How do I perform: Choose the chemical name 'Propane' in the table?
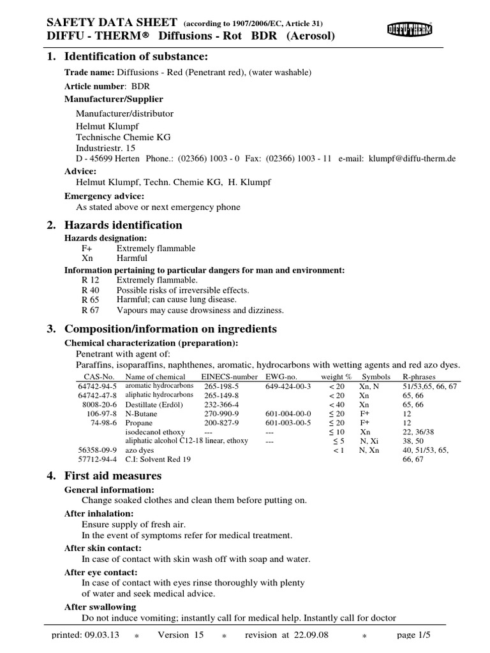[138, 422]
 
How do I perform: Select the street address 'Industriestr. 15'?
[107, 147]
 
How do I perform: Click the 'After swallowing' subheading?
[100, 607]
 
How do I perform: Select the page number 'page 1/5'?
[415, 635]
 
